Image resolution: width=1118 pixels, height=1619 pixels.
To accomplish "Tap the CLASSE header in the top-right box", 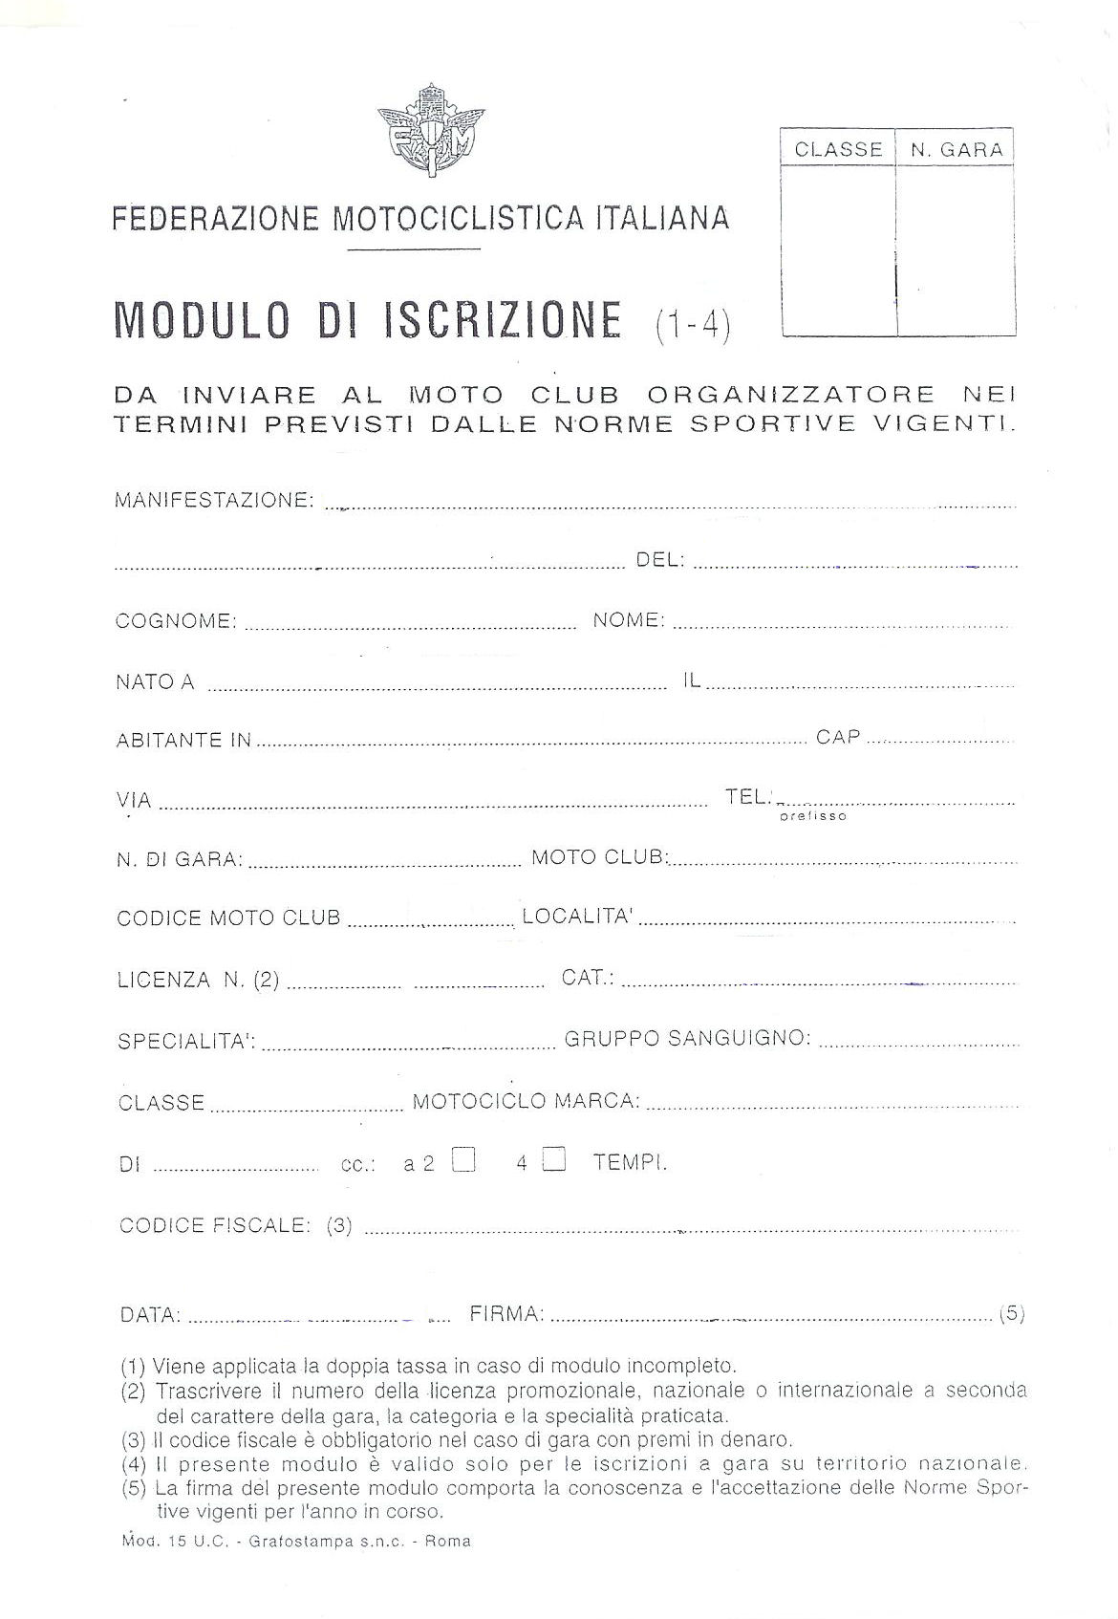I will tap(838, 149).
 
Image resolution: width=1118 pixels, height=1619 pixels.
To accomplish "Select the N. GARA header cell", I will tap(956, 149).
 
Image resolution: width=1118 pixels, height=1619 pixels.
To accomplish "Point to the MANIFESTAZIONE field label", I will tap(214, 500).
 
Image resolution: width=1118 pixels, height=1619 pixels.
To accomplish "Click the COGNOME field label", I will tap(176, 621).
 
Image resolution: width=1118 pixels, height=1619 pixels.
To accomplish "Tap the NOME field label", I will tap(629, 620).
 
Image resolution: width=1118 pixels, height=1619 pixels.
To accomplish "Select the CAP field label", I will tap(838, 737).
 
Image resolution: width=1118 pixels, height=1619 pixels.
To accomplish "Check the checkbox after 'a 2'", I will tap(463, 1160).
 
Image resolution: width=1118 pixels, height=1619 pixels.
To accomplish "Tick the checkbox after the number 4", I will tap(554, 1160).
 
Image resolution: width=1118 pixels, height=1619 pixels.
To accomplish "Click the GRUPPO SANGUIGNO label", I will tap(688, 1038).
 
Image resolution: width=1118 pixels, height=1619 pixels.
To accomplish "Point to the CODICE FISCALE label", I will tap(215, 1225).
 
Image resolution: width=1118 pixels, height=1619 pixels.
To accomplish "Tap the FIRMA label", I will tap(507, 1314).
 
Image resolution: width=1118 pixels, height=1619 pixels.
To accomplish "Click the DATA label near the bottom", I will tap(150, 1315).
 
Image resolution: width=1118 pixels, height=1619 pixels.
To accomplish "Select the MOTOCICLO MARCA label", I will tap(526, 1101).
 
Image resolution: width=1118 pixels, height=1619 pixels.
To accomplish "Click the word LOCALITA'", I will tap(577, 917).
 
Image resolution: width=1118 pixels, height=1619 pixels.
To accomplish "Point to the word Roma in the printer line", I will tap(448, 1541).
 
